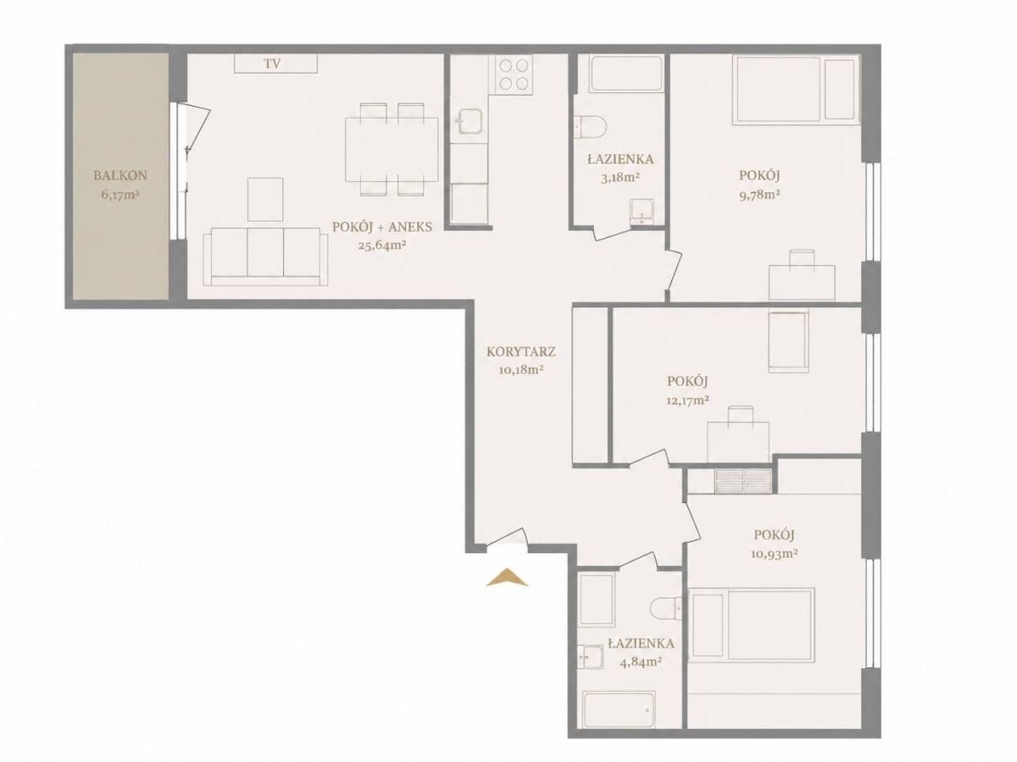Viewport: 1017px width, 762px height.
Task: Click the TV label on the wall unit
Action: pyautogui.click(x=272, y=63)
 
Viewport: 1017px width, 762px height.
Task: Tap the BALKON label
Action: pyautogui.click(x=120, y=175)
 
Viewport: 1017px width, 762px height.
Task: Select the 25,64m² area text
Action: pyautogui.click(x=382, y=246)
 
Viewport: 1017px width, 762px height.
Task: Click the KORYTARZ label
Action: pyautogui.click(x=520, y=351)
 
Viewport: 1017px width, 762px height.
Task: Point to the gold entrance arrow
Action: pyautogui.click(x=507, y=578)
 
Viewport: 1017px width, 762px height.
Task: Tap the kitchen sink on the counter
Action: pyautogui.click(x=470, y=122)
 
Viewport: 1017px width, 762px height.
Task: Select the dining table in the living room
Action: pyautogui.click(x=392, y=150)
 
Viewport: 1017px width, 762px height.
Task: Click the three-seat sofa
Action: pyautogui.click(x=265, y=257)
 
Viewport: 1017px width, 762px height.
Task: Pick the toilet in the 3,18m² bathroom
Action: pyautogui.click(x=591, y=127)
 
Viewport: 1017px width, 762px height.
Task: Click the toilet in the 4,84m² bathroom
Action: pyautogui.click(x=666, y=609)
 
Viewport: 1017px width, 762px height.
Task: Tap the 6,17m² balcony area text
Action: pyautogui.click(x=120, y=195)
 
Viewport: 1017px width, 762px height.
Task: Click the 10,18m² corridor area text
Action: pyautogui.click(x=520, y=371)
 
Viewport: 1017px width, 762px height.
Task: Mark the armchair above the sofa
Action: pyautogui.click(x=265, y=200)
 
